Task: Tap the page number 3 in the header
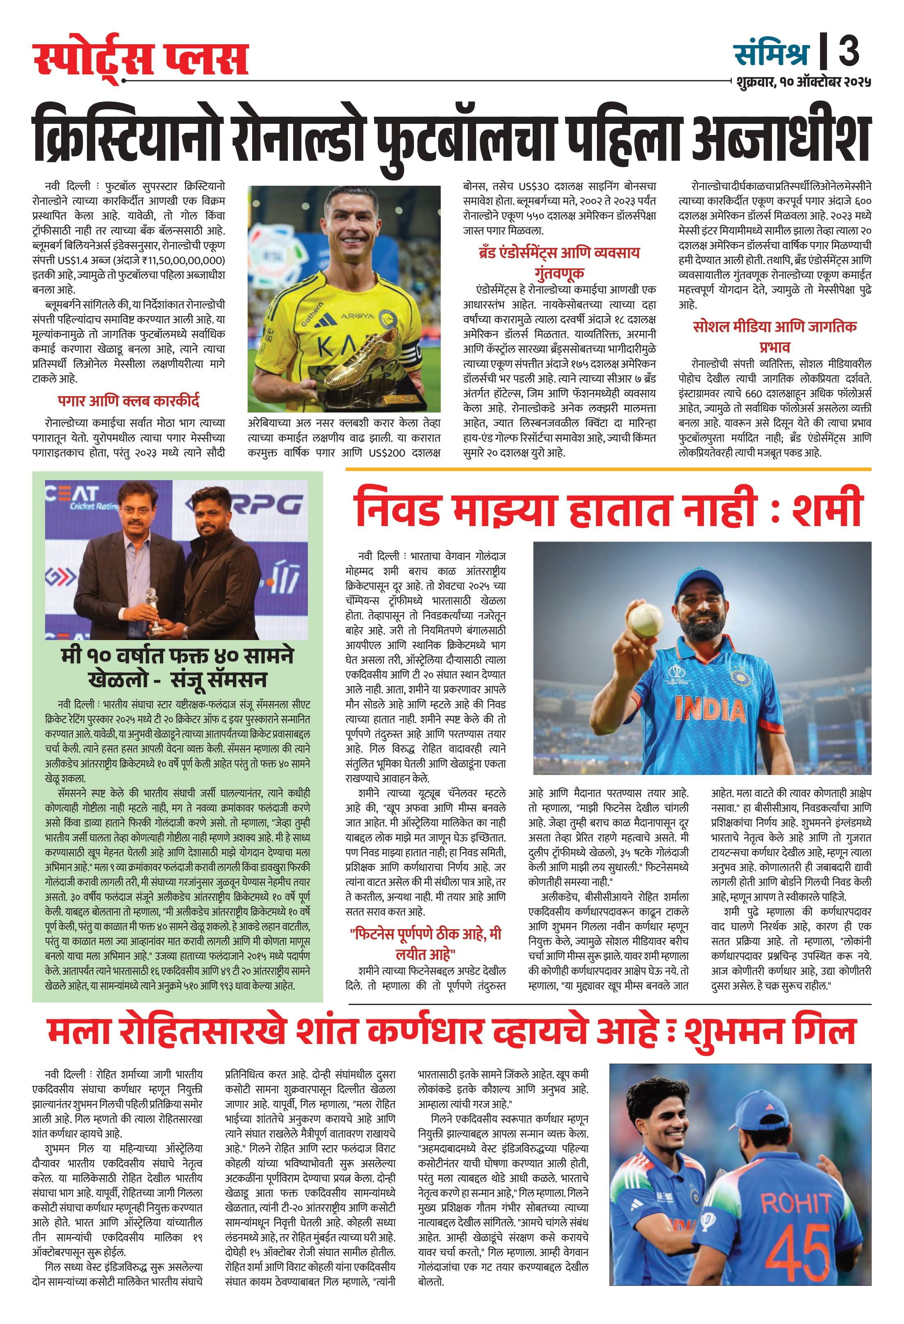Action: pos(848,51)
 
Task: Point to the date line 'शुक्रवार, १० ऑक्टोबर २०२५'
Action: pos(803,82)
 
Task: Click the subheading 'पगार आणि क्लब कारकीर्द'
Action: pos(129,401)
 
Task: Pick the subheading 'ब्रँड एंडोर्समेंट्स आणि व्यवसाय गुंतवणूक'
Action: pos(559,262)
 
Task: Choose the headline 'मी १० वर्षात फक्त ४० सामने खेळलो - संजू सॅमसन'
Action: pos(177,667)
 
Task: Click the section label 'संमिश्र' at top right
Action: pos(771,52)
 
